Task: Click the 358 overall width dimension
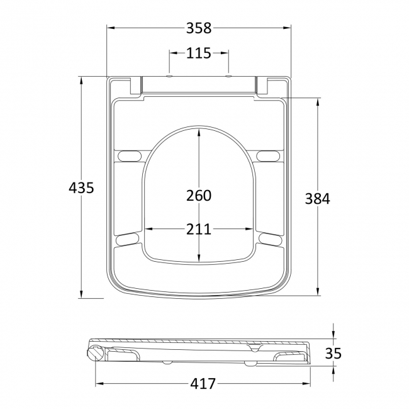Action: coord(199,28)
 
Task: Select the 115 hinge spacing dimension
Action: coord(198,53)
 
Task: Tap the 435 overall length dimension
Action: coord(81,188)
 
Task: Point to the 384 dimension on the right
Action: coord(317,198)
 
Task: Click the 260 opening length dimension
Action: coord(199,196)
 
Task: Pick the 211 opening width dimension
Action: coord(199,228)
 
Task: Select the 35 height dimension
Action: coord(333,353)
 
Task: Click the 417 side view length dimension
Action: coord(203,383)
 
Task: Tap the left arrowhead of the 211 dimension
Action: coord(147,228)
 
